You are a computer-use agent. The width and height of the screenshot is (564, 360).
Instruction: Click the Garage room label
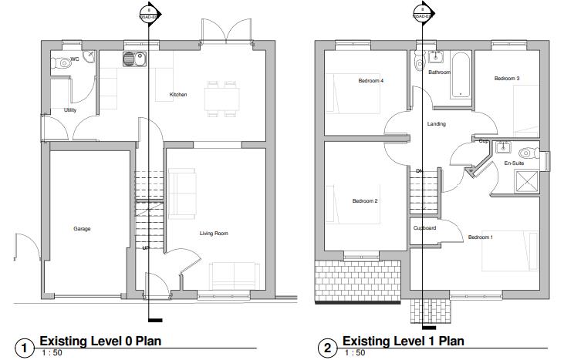point(82,229)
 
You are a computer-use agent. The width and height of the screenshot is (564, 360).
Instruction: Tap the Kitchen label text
point(178,95)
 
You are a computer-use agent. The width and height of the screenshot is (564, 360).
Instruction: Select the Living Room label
point(214,233)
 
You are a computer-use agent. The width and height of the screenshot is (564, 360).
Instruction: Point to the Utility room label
point(70,110)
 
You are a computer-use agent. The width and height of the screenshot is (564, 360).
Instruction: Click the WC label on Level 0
point(75,59)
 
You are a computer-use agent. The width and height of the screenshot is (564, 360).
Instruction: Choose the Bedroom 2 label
point(364,201)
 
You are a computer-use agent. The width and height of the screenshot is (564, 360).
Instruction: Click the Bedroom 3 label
point(506,79)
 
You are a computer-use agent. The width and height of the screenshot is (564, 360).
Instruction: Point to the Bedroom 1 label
point(480,237)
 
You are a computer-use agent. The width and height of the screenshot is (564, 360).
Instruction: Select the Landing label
point(436,123)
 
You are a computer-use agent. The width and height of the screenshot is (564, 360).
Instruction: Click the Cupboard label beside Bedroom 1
point(424,228)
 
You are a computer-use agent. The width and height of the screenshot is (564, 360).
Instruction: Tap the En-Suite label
point(514,163)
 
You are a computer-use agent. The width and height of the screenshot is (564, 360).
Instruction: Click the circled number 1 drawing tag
point(25,348)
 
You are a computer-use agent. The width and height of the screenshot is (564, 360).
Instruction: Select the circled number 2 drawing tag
point(328,348)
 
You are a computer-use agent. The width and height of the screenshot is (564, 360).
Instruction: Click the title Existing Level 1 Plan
point(402,341)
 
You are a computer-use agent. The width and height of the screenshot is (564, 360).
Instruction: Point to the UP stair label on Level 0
point(145,247)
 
